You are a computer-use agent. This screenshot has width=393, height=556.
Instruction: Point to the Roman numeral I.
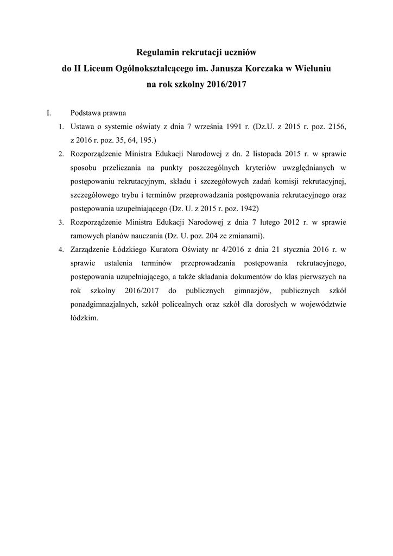coord(49,113)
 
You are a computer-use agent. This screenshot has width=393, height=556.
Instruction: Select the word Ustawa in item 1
coord(82,127)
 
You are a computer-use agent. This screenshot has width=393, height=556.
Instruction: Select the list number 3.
coord(61,222)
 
